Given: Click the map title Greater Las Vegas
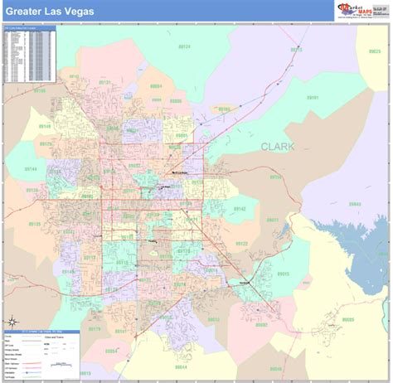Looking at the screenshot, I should click(x=50, y=12).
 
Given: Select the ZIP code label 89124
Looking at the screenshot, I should click(x=184, y=46).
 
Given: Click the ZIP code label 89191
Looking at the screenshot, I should click(x=313, y=98).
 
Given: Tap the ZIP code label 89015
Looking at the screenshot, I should click(x=283, y=273).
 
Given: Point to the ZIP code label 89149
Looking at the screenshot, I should click(x=44, y=126).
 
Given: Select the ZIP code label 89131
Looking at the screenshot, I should click(x=104, y=83).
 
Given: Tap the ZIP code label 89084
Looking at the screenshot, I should click(x=155, y=85).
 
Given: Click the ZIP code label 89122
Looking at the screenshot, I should click(x=241, y=244).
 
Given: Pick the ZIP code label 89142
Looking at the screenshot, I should click(x=239, y=209).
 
